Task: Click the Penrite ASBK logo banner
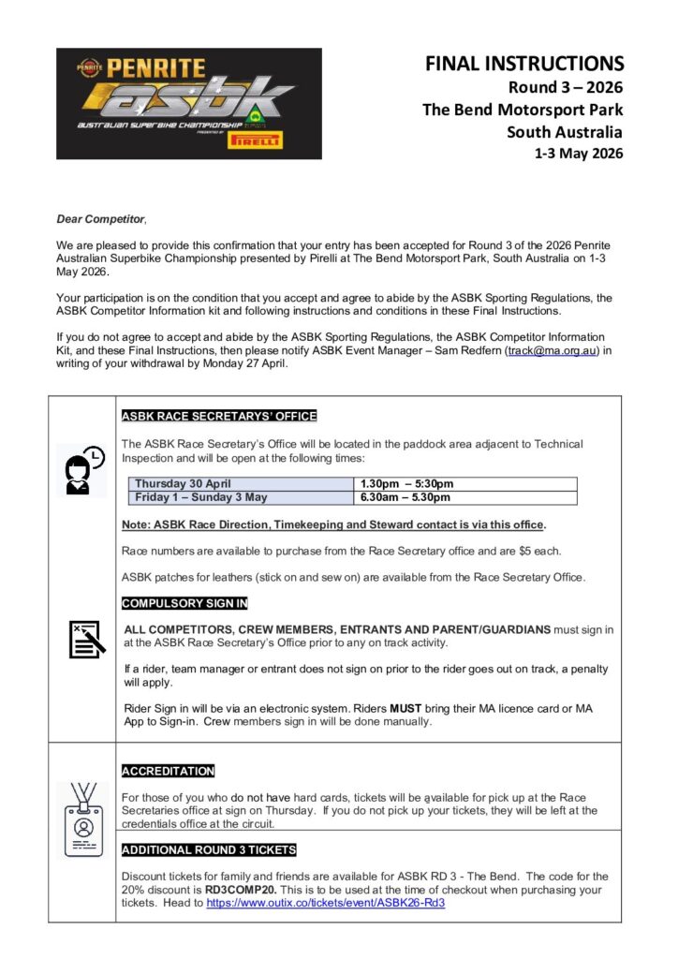(x=189, y=103)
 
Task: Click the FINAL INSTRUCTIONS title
(x=523, y=64)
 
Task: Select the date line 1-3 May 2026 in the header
(x=578, y=154)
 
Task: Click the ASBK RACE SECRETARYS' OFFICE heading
(x=219, y=416)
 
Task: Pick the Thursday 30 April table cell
(x=183, y=484)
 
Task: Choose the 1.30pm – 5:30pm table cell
(x=408, y=484)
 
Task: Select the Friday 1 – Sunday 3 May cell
(x=200, y=497)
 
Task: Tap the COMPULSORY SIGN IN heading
(x=184, y=603)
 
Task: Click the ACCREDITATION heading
(x=168, y=771)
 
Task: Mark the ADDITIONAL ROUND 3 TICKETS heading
(x=209, y=849)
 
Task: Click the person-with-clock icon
(x=81, y=470)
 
